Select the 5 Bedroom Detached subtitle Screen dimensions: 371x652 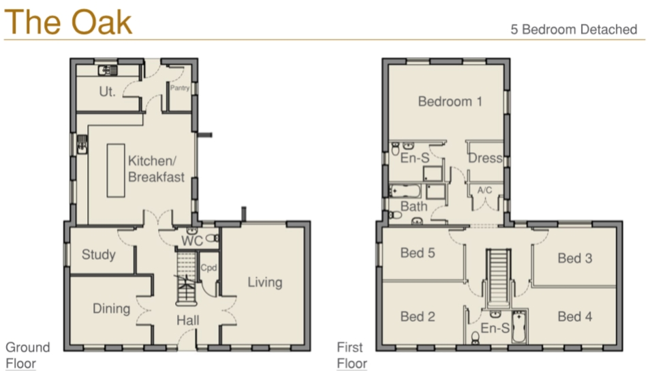[x=574, y=29]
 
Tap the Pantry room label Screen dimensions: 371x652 [x=179, y=88]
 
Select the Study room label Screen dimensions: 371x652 [x=99, y=255]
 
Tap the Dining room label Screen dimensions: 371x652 [x=111, y=308]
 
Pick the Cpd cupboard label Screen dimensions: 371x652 [x=208, y=268]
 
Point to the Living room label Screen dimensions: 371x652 [x=264, y=282]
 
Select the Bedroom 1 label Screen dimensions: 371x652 [x=450, y=102]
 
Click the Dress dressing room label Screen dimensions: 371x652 [x=485, y=158]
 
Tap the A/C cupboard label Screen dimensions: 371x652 [x=484, y=190]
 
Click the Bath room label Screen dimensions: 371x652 [x=414, y=206]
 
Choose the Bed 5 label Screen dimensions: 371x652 [x=418, y=253]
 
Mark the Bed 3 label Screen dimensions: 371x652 [x=574, y=258]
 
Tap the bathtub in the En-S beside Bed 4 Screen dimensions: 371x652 [x=518, y=328]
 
